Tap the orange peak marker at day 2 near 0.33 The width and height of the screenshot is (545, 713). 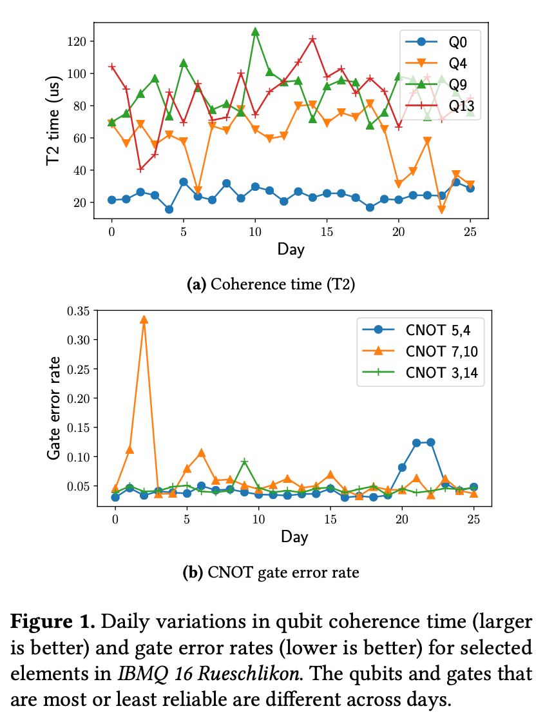pos(144,320)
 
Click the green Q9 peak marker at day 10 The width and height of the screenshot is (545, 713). pos(255,32)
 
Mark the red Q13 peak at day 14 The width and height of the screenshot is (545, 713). pos(312,39)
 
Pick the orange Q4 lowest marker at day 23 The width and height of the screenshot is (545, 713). pos(442,210)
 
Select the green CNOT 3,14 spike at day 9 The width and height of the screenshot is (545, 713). pos(244,462)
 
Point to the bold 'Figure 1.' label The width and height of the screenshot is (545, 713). pos(53,622)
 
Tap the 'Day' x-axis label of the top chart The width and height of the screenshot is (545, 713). pos(291,248)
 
